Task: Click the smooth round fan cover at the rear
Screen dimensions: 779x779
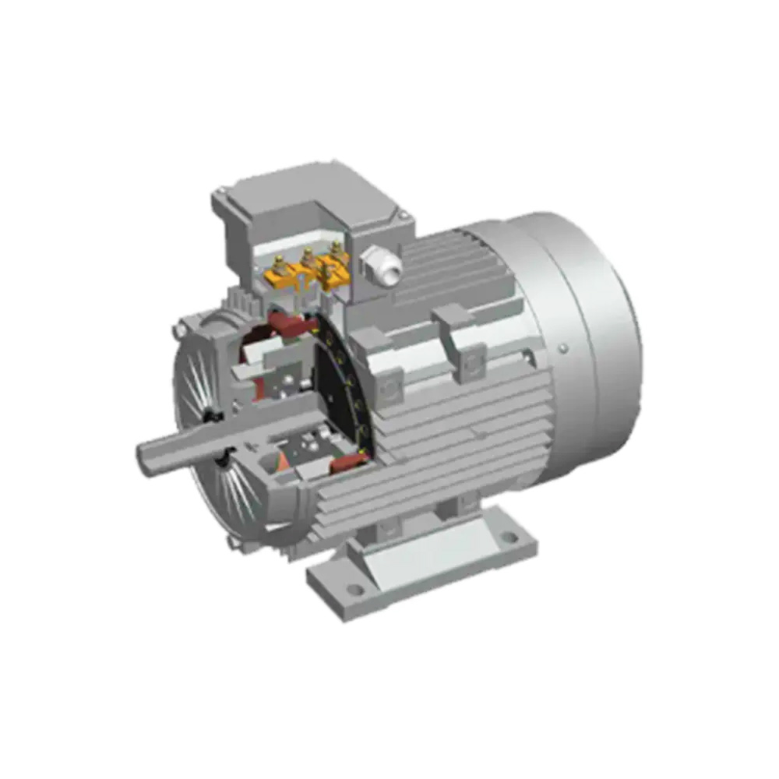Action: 592,327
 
